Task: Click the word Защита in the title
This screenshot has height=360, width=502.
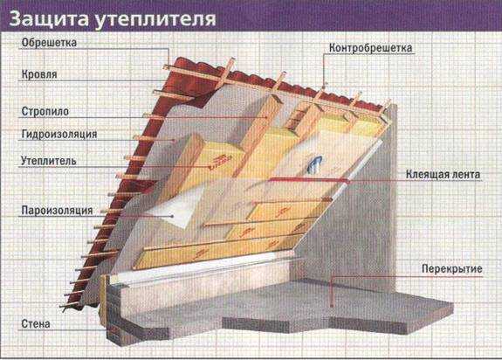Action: [49, 19]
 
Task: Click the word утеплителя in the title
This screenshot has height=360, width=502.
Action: [155, 20]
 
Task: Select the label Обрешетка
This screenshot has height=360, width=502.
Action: [49, 43]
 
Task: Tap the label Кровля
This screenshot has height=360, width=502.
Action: [39, 74]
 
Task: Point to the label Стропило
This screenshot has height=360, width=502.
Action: [45, 112]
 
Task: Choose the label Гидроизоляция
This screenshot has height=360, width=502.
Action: [59, 134]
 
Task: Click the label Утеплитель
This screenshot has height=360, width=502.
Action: [49, 161]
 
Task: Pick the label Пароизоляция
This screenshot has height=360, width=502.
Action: [57, 211]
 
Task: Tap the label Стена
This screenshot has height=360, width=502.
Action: [36, 324]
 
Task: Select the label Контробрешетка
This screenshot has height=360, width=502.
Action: [370, 48]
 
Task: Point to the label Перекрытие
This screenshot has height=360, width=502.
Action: [451, 269]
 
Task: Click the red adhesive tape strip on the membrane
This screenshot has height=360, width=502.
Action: [308, 180]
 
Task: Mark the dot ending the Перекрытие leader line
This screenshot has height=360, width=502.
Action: [332, 307]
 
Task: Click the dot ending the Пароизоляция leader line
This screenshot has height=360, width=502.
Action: [172, 217]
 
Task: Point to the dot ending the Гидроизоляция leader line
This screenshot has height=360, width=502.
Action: [174, 141]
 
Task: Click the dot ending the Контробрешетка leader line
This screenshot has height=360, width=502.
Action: [324, 87]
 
